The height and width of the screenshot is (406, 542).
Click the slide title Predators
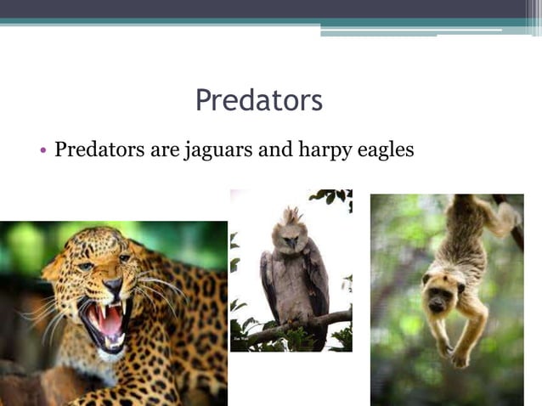click(259, 100)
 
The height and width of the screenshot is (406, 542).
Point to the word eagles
click(381, 151)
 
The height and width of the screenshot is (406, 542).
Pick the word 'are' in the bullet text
click(162, 151)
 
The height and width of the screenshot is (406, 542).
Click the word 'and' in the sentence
click(274, 151)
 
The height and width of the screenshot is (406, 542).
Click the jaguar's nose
click(112, 286)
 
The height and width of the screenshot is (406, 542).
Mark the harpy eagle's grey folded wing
click(271, 285)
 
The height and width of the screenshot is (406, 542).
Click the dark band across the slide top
click(271, 8)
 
